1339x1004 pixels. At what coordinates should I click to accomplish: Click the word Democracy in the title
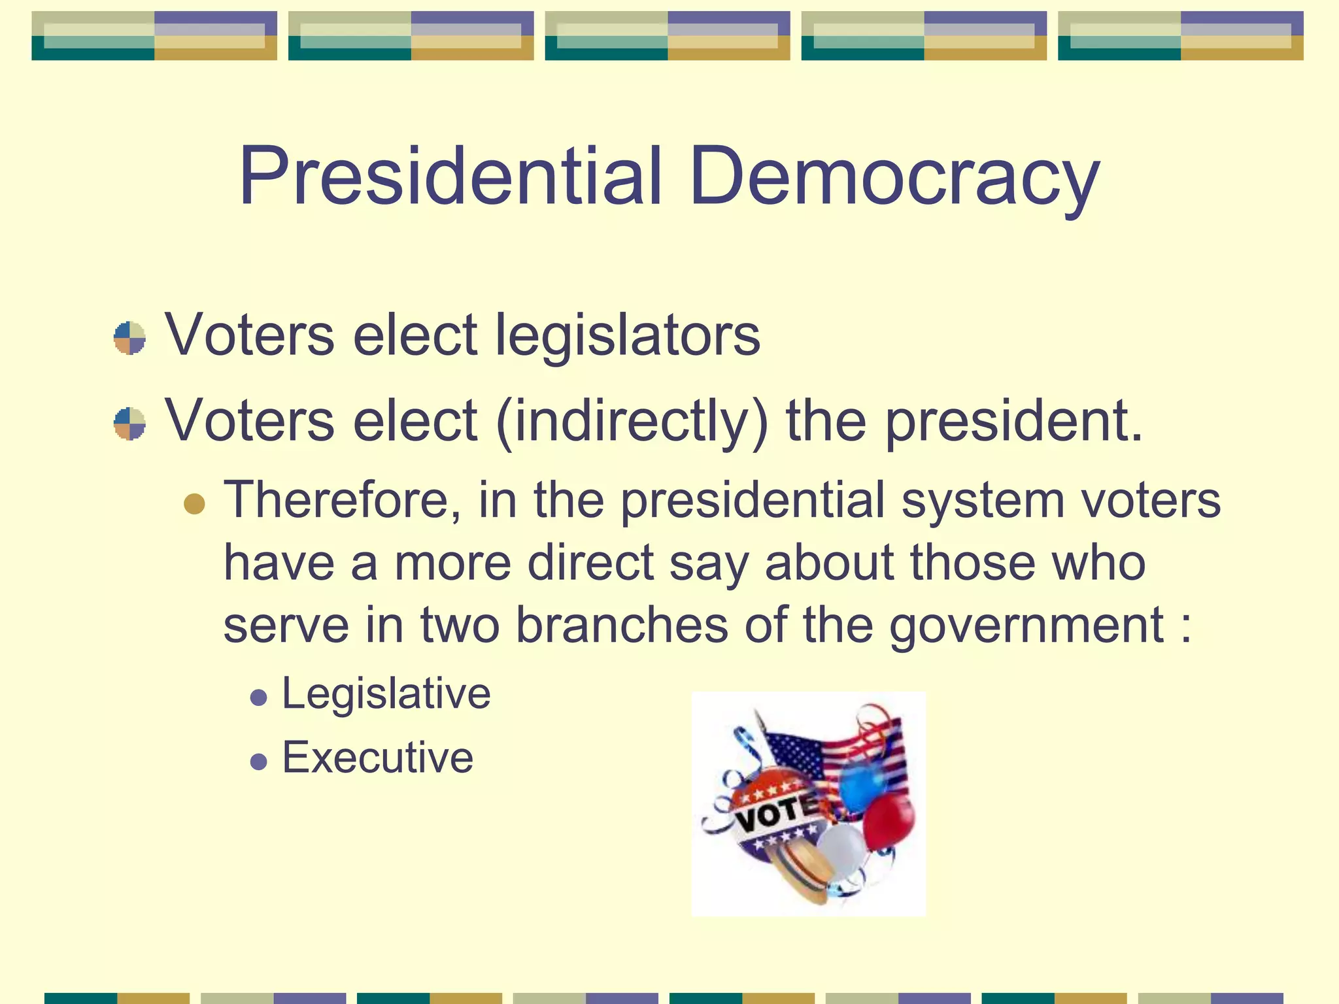(x=894, y=176)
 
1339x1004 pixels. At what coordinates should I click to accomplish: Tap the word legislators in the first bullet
(x=628, y=335)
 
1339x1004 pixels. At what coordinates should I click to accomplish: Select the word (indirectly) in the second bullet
(x=632, y=422)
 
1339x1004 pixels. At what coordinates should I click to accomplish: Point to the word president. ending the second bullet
(x=1013, y=422)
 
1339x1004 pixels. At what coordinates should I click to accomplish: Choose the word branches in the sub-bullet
(x=622, y=625)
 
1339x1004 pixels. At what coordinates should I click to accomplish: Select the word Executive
(x=377, y=758)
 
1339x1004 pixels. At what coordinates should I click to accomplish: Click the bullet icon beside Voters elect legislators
(x=129, y=337)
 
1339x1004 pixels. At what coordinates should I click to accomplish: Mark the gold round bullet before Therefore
(x=194, y=504)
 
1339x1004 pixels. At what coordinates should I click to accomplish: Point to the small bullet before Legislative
(x=259, y=697)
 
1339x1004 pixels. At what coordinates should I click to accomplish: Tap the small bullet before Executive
(x=259, y=761)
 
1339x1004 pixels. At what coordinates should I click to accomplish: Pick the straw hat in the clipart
(x=800, y=873)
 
